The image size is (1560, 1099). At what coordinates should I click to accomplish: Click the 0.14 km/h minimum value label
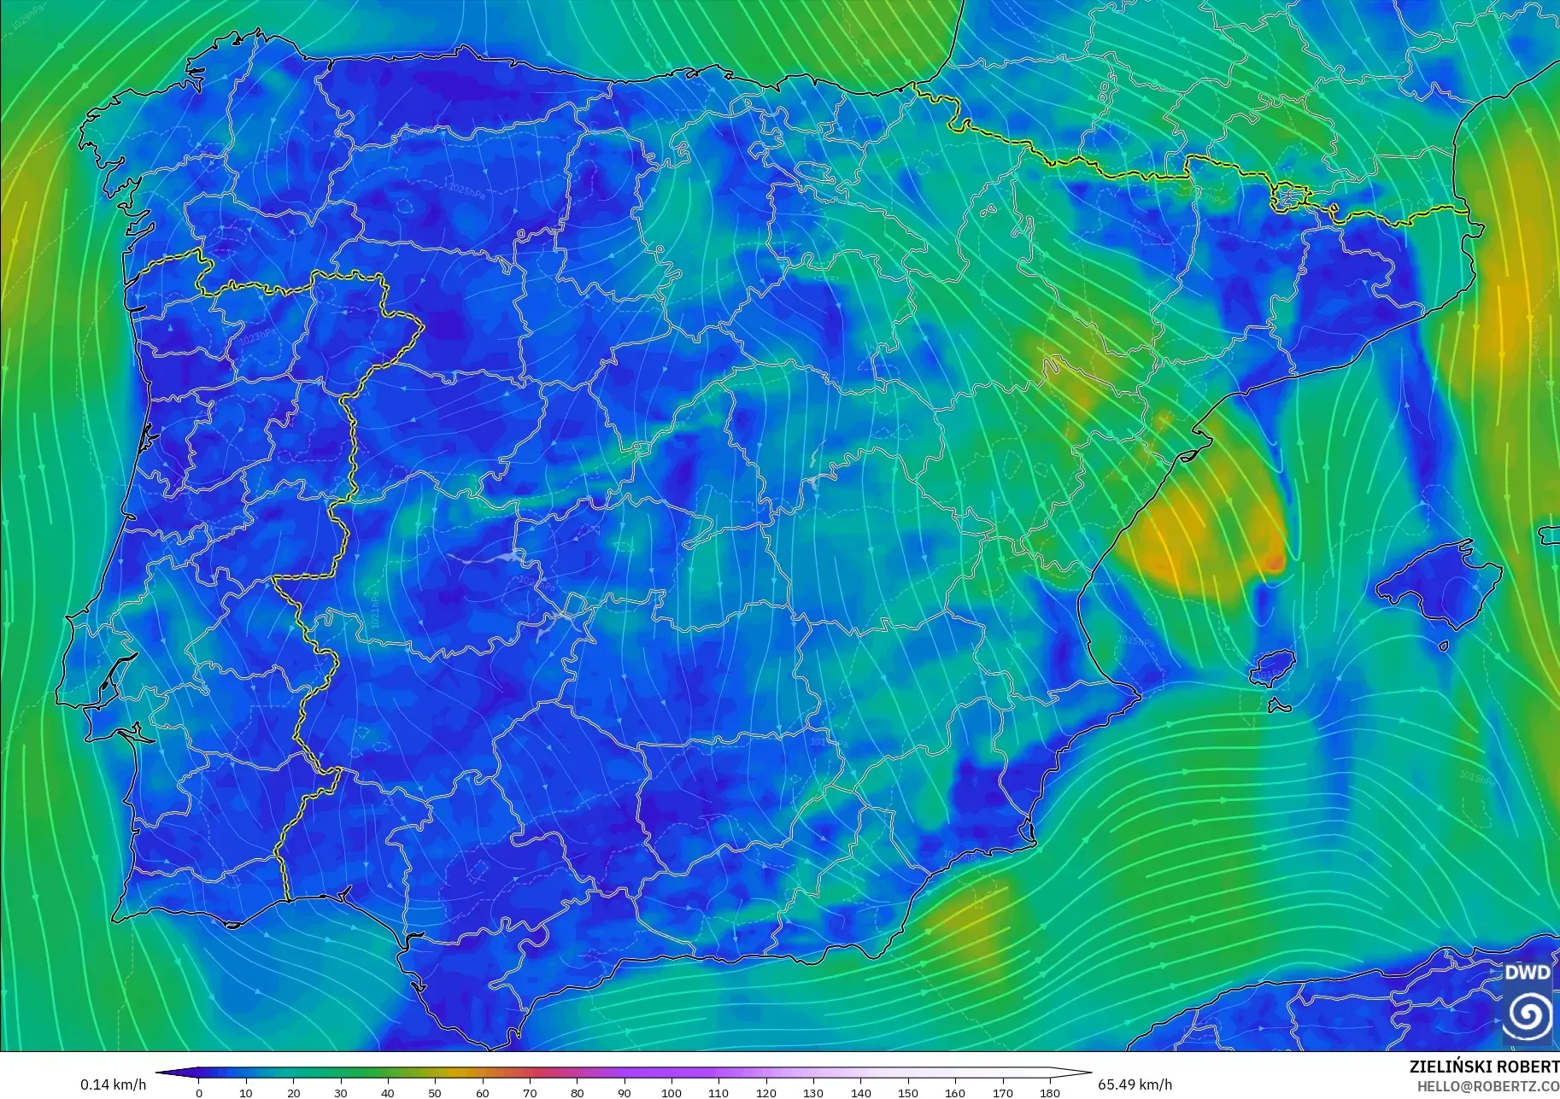point(113,1084)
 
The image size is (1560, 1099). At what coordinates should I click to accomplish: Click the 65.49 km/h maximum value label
point(1135,1084)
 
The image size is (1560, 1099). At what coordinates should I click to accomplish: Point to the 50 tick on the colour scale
point(436,1092)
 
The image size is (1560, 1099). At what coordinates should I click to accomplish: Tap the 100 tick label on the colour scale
point(672,1092)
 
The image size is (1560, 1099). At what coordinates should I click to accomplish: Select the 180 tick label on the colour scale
point(1049,1092)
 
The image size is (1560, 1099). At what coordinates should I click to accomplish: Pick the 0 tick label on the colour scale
point(199,1092)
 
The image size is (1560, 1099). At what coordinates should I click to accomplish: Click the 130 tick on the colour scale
point(813,1092)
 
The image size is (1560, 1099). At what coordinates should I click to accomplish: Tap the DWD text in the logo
point(1527,973)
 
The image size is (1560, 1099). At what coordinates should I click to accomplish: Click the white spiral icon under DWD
point(1528,1014)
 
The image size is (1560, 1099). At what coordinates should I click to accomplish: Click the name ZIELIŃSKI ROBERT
point(1484,1067)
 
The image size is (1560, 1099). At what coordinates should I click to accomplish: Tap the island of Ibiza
point(1274,666)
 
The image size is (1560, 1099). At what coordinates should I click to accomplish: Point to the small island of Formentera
point(1279,706)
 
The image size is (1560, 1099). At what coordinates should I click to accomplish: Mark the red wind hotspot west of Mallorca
point(1274,562)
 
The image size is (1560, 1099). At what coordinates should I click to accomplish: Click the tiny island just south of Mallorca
point(1443,646)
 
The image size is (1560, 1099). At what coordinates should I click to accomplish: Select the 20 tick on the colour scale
point(294,1092)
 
